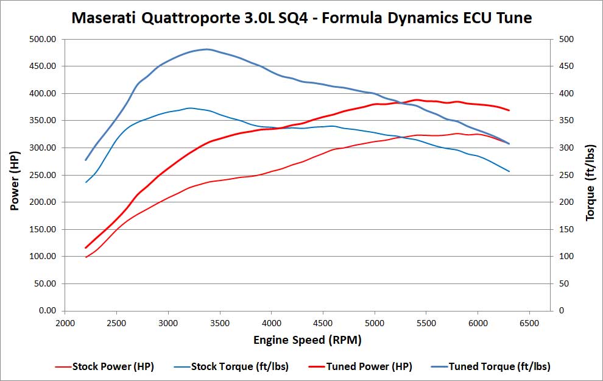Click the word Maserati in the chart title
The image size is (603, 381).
click(x=104, y=18)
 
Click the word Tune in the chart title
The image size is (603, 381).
click(x=513, y=18)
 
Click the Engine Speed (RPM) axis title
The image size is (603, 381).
click(x=308, y=340)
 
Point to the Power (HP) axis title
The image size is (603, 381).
click(x=15, y=174)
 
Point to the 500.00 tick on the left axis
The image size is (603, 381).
click(x=43, y=39)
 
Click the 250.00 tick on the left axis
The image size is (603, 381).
click(x=43, y=175)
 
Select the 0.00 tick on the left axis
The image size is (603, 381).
click(x=48, y=311)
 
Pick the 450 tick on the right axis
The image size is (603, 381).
click(x=566, y=66)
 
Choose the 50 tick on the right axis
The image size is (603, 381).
click(x=563, y=283)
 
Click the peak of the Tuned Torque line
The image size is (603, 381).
click(x=207, y=49)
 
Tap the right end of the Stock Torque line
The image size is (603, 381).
click(x=509, y=171)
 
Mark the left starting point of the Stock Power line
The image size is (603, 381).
click(x=86, y=257)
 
